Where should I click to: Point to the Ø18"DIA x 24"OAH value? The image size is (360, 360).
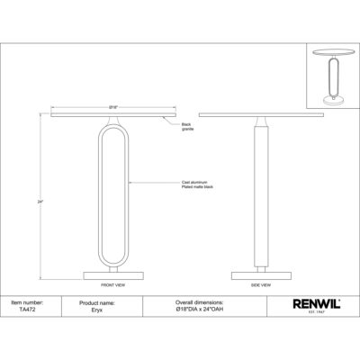pyautogui.click(x=196, y=310)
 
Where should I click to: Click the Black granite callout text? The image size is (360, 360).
pyautogui.click(x=188, y=127)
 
